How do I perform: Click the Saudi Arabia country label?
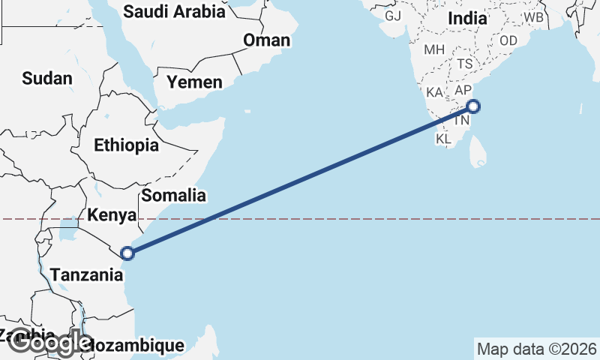pos(174,11)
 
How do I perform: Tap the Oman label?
pos(266,40)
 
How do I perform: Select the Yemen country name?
pos(194,82)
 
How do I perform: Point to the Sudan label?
pos(47,78)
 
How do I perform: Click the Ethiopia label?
pos(126,145)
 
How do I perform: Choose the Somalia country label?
pos(173,196)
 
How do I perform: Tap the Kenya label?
pos(112,215)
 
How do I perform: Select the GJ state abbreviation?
pos(393,16)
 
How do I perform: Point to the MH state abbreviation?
pos(434,50)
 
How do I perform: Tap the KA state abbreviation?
pos(434,92)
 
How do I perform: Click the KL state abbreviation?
pos(443,139)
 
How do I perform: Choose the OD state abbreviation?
pos(508,40)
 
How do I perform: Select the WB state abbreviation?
pos(534,16)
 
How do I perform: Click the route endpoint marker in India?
pos(472,106)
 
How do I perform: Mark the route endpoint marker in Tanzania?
pos(127,253)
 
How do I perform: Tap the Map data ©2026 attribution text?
pos(536,349)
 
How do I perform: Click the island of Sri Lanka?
pos(478,153)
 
